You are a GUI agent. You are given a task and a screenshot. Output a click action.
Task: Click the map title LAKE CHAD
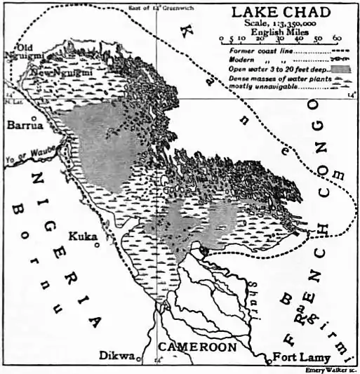(x=285, y=13)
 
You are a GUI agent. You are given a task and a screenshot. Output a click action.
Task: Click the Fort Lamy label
(x=298, y=355)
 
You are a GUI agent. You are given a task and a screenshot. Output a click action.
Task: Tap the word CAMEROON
(x=195, y=347)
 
